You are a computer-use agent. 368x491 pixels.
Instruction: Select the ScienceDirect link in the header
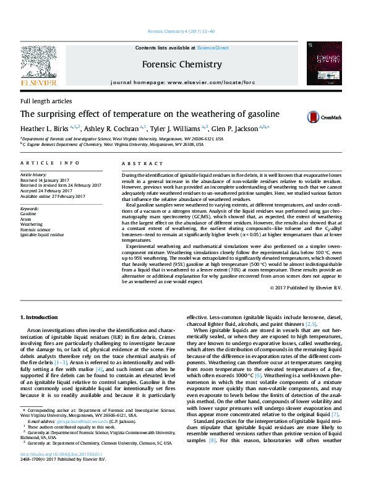(x=213, y=48)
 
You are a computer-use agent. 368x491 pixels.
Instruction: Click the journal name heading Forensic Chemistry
(x=182, y=64)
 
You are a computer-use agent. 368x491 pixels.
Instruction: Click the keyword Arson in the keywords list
(x=27, y=219)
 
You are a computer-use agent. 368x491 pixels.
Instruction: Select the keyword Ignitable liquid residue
(x=42, y=235)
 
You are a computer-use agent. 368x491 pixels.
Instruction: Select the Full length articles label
(x=45, y=101)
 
